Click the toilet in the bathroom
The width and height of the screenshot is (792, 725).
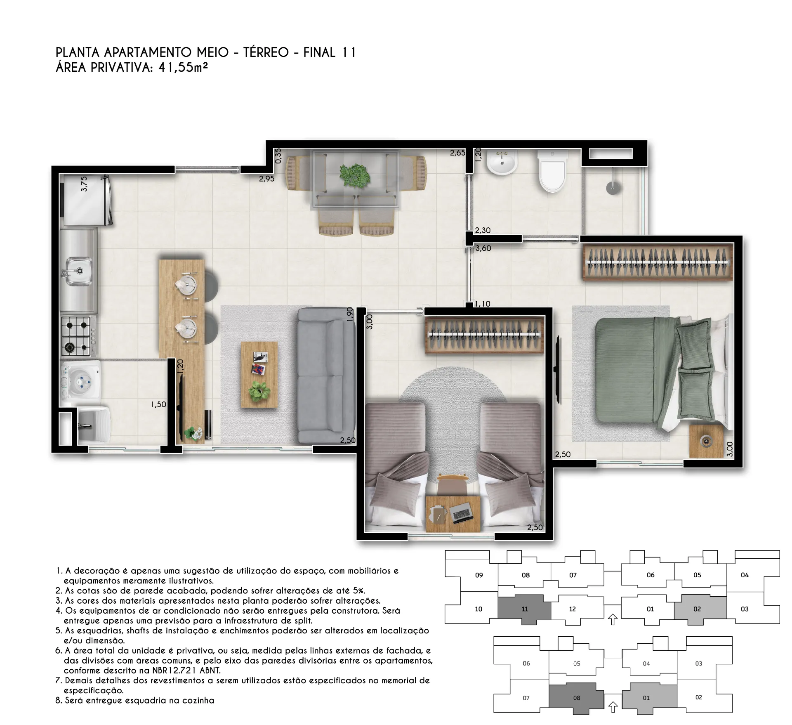[x=552, y=172]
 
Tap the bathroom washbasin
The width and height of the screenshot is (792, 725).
[x=502, y=163]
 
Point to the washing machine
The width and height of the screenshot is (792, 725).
[x=81, y=380]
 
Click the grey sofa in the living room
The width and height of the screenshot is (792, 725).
[x=326, y=375]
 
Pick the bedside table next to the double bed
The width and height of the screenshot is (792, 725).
[x=706, y=441]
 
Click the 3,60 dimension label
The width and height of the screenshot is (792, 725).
[x=483, y=248]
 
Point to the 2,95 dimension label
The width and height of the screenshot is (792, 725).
[x=266, y=179]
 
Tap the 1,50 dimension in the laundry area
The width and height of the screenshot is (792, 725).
[x=158, y=404]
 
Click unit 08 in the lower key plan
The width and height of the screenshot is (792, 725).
[x=576, y=698]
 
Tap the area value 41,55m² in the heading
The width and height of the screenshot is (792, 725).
[x=183, y=67]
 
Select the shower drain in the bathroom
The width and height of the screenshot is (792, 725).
[x=613, y=188]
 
